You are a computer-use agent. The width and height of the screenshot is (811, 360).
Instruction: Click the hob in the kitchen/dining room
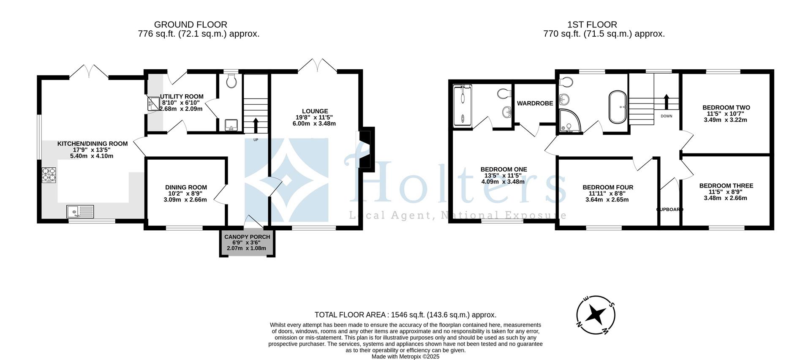(49, 175)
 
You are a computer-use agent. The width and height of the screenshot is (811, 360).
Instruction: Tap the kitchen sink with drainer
(80, 211)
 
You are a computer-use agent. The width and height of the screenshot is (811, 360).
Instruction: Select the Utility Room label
(182, 96)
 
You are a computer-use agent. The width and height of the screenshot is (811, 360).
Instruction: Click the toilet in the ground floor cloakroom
(231, 81)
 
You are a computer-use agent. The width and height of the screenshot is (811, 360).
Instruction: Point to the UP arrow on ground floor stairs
(256, 125)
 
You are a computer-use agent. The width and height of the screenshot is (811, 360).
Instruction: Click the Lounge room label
(314, 111)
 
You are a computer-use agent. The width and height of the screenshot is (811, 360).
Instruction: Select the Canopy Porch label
(247, 237)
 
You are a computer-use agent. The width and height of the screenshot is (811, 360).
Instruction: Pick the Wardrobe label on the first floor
(535, 103)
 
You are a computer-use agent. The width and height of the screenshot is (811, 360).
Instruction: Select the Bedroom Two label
(726, 107)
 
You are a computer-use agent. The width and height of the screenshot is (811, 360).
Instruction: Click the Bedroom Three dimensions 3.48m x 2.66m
(726, 198)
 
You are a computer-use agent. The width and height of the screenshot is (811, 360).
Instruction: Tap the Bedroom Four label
(607, 187)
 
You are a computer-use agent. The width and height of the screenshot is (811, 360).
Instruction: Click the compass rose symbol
(596, 315)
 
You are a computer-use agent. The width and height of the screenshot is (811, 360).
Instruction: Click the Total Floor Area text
(405, 315)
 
